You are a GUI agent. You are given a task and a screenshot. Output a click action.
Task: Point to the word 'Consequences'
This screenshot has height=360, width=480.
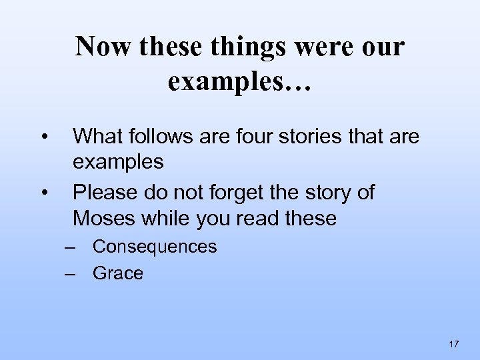tap(155, 247)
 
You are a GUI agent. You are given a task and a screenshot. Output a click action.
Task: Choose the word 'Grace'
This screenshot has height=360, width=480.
tap(118, 273)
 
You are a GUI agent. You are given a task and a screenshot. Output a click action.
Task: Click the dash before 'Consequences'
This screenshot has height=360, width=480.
tap(71, 247)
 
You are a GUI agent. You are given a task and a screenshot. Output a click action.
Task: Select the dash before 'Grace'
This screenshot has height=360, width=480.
tap(71, 273)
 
